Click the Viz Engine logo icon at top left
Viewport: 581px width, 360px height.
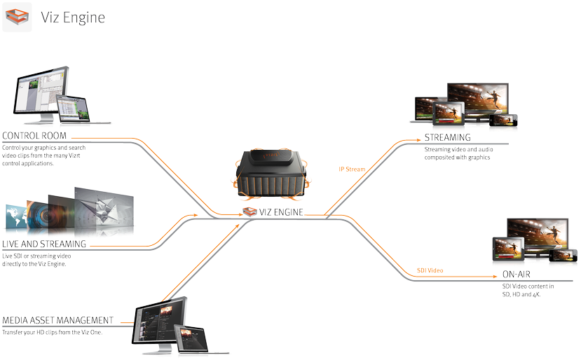coord(18,18)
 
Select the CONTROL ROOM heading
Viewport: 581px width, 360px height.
coord(41,134)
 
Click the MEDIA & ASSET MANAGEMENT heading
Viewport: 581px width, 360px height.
coord(58,320)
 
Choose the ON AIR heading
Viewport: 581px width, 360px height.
coord(519,275)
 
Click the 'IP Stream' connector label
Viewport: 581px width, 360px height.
coord(350,169)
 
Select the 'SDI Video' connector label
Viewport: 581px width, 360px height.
coord(430,270)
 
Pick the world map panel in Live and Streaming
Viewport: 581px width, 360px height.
coord(15,218)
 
